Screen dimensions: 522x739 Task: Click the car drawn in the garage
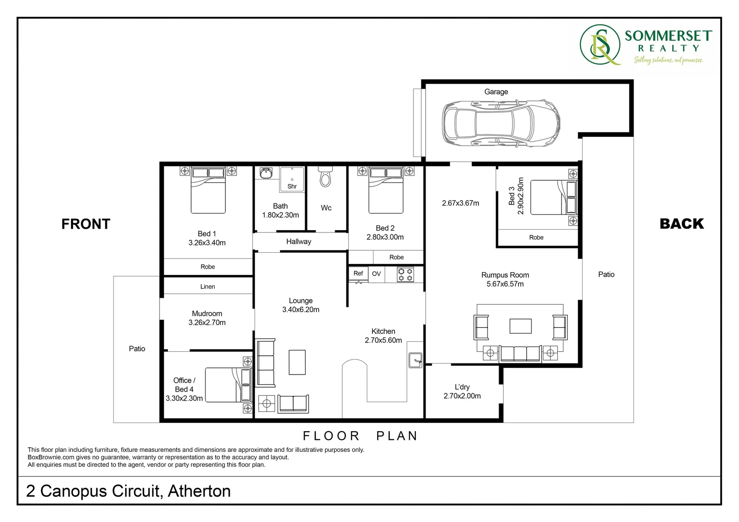point(501,123)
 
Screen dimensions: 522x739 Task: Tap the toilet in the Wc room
point(326,178)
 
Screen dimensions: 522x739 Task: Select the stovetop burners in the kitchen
point(405,275)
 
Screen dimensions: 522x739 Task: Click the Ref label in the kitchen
point(358,274)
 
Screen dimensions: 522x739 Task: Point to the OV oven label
point(376,274)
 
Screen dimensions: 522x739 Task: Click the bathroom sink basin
point(266,174)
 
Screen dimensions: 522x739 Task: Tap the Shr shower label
point(292,187)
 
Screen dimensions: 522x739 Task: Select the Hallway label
point(298,242)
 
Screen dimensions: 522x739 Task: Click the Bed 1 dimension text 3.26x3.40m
point(207,243)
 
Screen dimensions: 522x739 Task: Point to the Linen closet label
point(207,287)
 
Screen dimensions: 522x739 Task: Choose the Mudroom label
point(207,314)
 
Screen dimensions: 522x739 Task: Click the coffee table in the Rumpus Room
point(520,326)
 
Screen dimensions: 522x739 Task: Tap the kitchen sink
point(415,360)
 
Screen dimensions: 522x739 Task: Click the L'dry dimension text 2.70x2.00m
point(462,396)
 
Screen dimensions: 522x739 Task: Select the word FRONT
point(86,224)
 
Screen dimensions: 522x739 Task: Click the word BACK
point(681,224)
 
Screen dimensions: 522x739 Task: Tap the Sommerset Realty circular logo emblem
point(600,45)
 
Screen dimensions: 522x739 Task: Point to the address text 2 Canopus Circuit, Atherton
point(128,491)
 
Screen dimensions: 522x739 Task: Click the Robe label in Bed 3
point(536,237)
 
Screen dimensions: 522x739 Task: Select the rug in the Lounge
point(297,362)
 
